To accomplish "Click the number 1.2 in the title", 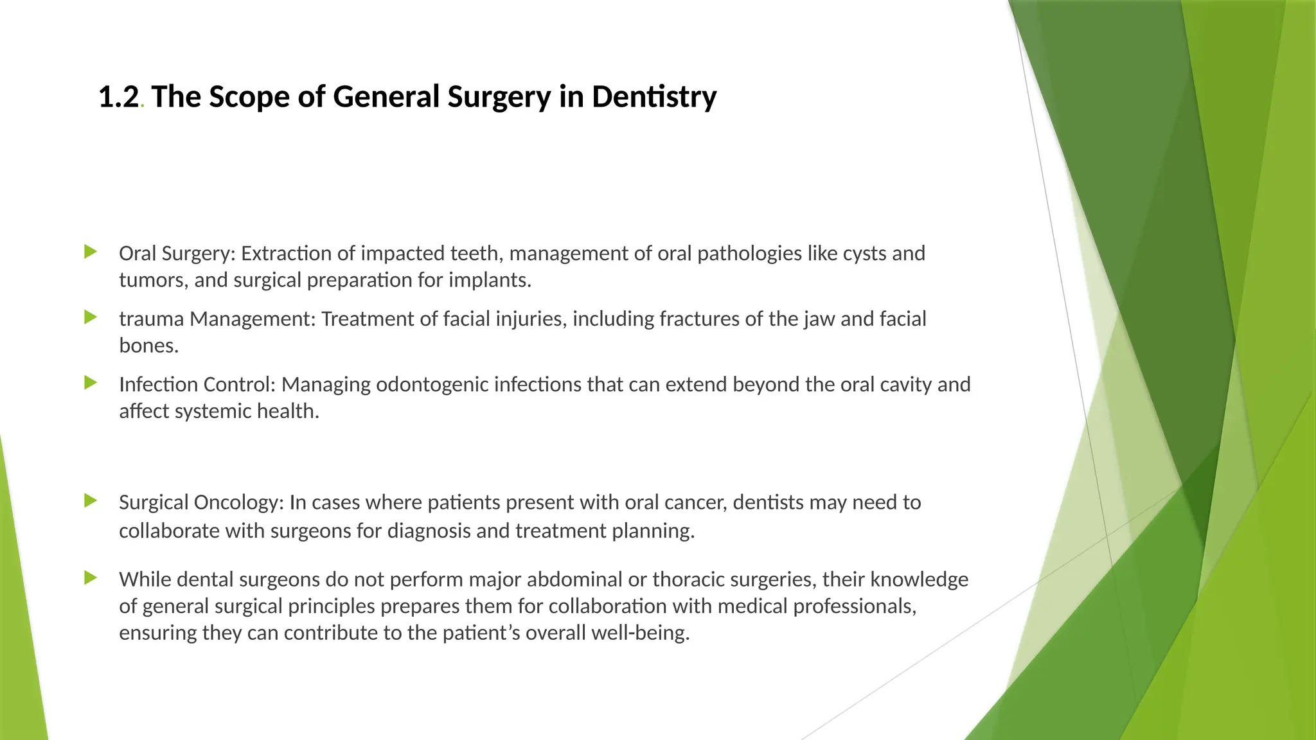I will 118,97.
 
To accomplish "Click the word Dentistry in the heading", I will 654,97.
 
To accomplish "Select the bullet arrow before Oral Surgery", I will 91,252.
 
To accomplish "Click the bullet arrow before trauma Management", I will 91,317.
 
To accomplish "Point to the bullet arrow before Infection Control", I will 91,383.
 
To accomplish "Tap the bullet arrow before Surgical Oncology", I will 91,501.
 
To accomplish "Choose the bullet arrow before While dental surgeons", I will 91,578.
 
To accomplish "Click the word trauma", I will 152,319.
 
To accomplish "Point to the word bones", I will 148,346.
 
